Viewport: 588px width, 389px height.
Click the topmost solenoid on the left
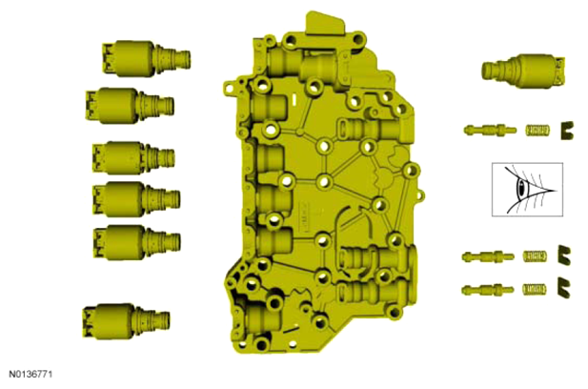tap(146, 58)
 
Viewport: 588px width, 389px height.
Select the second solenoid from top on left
tap(130, 106)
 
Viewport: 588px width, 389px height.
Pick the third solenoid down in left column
tap(133, 157)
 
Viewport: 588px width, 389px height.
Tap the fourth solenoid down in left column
tap(136, 199)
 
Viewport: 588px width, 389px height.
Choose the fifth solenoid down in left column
tap(137, 242)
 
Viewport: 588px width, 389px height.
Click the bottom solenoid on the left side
tap(127, 321)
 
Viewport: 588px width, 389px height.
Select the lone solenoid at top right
tap(523, 71)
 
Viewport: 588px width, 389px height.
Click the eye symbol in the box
tap(523, 188)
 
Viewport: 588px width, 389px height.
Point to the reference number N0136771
tap(30, 375)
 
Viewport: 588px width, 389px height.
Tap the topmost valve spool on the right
tap(490, 131)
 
